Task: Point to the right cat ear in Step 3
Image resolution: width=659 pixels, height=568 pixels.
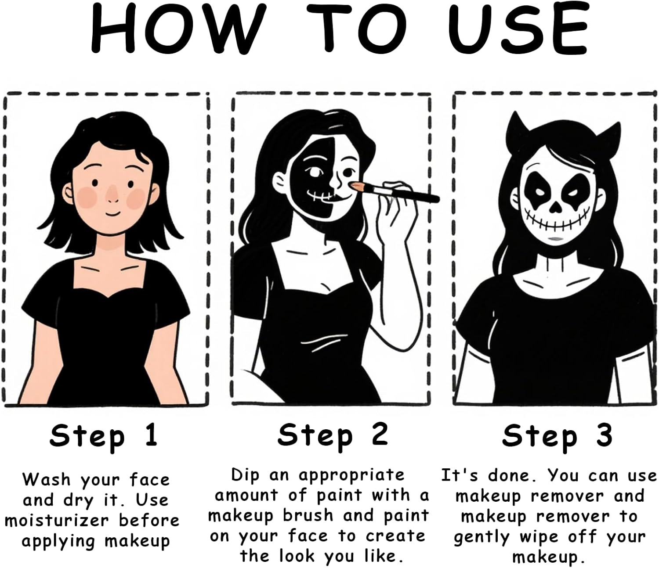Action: [x=606, y=135]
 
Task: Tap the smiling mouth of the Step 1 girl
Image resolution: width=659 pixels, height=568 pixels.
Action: [x=113, y=213]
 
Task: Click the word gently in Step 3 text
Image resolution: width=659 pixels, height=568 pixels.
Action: [x=482, y=538]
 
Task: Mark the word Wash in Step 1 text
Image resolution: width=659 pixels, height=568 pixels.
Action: [x=47, y=479]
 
